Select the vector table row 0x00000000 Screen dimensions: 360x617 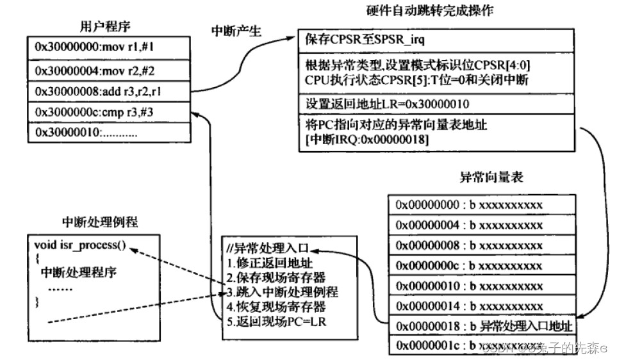tap(469, 205)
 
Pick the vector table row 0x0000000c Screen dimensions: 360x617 tap(469, 265)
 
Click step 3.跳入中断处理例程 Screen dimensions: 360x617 tap(282, 291)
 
